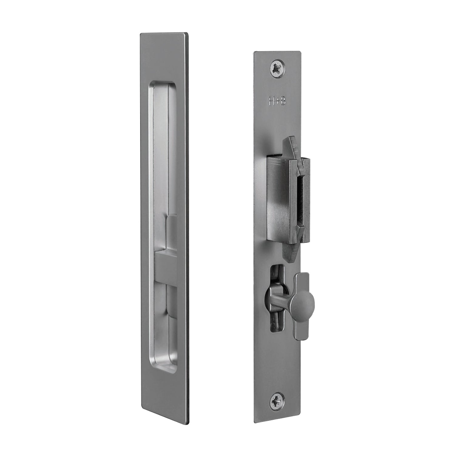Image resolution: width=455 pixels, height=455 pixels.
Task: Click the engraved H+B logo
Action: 277,101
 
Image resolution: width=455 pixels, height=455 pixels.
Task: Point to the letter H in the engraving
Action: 272,101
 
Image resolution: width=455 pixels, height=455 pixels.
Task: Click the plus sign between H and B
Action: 277,101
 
